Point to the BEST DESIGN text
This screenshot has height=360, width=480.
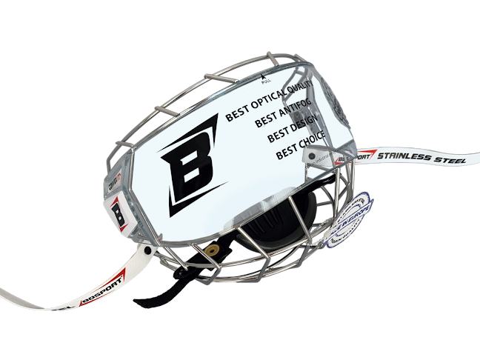(292, 136)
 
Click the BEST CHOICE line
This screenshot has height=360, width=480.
(300, 153)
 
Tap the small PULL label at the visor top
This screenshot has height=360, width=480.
(267, 79)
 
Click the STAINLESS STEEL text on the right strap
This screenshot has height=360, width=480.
(422, 156)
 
